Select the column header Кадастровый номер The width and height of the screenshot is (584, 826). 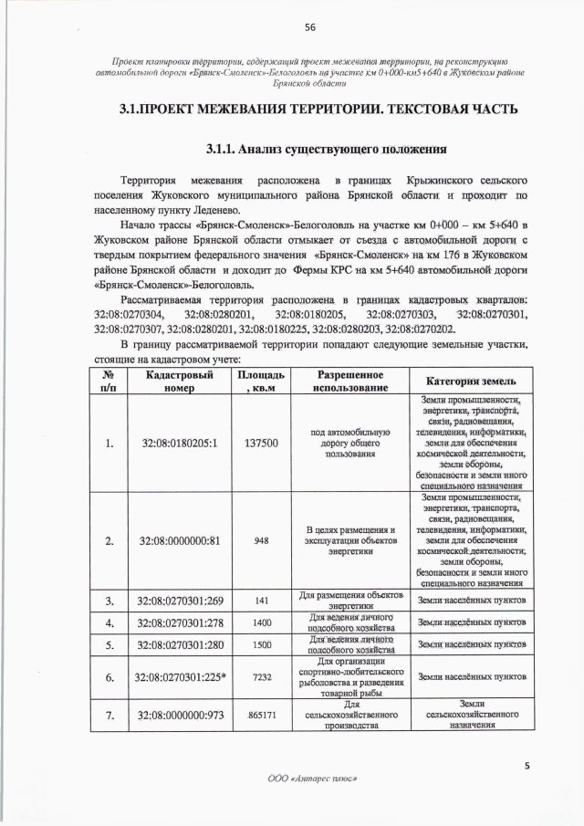[180, 382]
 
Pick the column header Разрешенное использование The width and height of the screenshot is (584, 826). [349, 382]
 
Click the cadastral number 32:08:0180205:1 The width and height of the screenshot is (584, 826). [180, 444]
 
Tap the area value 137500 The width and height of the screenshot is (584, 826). [261, 444]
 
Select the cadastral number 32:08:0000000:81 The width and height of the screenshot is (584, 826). [180, 540]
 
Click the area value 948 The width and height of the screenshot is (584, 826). [261, 540]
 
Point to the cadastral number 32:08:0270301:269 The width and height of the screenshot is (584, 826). [180, 601]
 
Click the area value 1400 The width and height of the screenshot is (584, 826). [262, 622]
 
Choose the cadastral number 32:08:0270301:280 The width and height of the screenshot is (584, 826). [180, 645]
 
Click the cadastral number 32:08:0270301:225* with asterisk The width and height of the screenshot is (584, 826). [180, 678]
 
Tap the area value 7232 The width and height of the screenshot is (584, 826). [262, 678]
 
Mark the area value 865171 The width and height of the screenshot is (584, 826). [262, 716]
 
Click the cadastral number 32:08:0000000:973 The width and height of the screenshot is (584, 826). [180, 716]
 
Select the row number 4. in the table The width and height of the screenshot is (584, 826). [109, 623]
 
